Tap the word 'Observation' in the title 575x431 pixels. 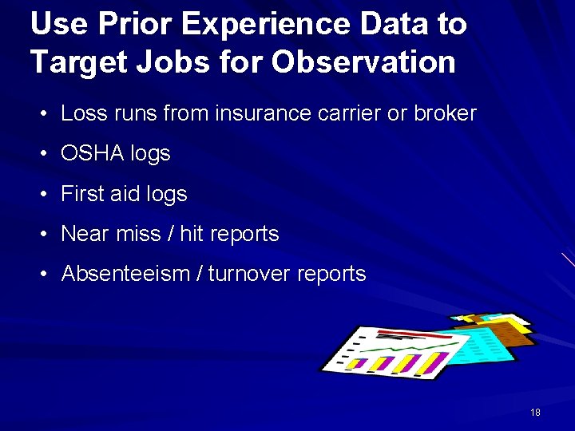pyautogui.click(x=363, y=61)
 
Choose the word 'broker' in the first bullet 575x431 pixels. pyautogui.click(x=445, y=113)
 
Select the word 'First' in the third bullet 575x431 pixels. pyautogui.click(x=81, y=194)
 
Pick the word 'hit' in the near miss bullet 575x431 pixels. pyautogui.click(x=191, y=234)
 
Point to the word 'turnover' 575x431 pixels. pyautogui.click(x=249, y=274)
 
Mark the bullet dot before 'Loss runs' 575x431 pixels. pyautogui.click(x=45, y=114)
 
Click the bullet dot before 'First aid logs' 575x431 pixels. pyautogui.click(x=45, y=195)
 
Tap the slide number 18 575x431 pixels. pyautogui.click(x=535, y=413)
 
